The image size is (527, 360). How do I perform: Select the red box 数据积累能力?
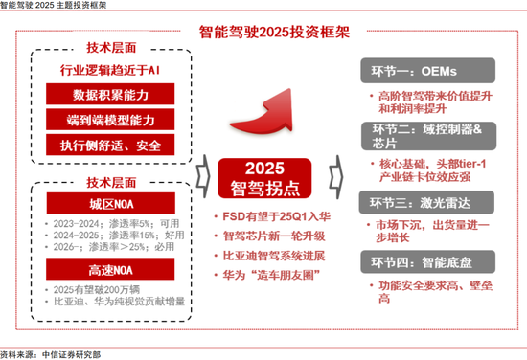tap(111, 95)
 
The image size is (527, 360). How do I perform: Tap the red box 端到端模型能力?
tap(111, 121)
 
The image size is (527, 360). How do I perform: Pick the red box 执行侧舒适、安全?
tap(111, 146)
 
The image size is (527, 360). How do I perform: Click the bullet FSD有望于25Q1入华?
tap(271, 216)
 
